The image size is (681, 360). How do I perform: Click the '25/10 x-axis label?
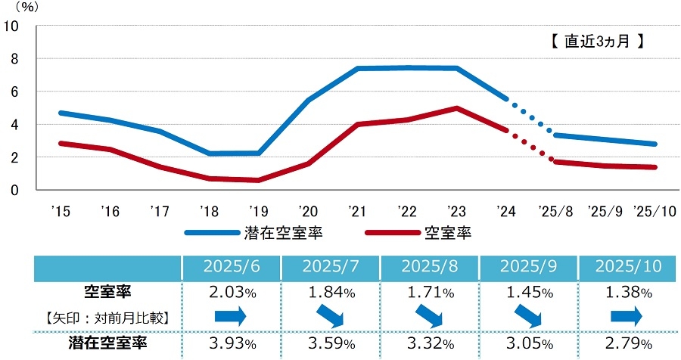(655, 210)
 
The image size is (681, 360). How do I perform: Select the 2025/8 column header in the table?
(429, 267)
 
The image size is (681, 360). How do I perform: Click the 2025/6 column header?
(231, 267)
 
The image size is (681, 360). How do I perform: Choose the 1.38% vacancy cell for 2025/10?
(627, 291)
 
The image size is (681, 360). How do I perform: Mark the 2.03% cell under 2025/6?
(231, 291)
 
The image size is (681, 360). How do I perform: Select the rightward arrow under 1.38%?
(627, 314)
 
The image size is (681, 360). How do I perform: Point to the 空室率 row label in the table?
(106, 291)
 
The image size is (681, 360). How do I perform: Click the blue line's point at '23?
(457, 68)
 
